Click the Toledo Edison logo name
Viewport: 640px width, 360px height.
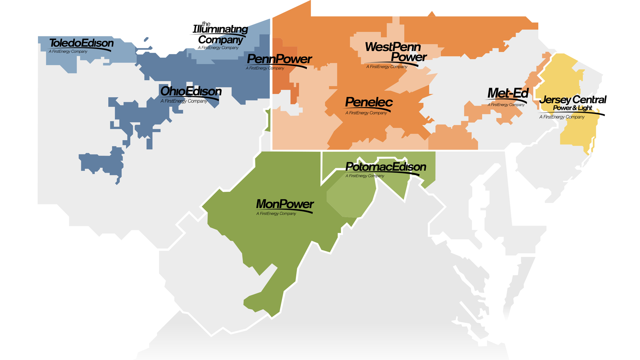pos(81,43)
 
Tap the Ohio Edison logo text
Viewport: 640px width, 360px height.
pos(191,91)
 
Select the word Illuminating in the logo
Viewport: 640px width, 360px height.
pos(220,29)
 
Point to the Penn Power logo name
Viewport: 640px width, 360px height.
pos(279,59)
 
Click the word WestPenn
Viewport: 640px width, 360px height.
pos(393,47)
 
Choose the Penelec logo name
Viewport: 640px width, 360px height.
pos(369,102)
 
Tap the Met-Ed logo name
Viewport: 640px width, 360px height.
pos(508,93)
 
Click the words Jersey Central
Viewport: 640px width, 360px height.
pos(573,100)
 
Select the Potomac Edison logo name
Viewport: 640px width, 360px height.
pos(386,167)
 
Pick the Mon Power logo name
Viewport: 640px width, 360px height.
pos(285,204)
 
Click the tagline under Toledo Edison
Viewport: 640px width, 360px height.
pos(68,51)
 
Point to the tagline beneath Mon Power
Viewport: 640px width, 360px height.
pos(276,214)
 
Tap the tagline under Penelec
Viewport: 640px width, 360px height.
pos(366,113)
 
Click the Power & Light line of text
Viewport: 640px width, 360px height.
pos(572,108)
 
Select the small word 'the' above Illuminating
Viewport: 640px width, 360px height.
pos(206,24)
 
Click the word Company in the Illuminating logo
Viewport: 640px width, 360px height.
pos(221,40)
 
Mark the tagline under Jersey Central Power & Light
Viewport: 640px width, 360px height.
pos(562,117)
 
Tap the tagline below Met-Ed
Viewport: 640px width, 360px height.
pos(506,105)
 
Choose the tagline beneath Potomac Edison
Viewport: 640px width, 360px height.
pos(365,176)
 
